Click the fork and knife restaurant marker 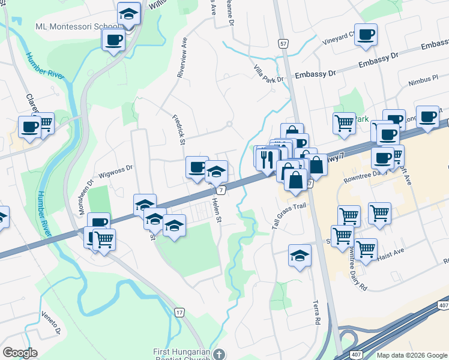[265, 159]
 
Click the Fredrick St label [178, 130]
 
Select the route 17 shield [179, 313]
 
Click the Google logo [20, 353]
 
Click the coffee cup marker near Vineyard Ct [366, 35]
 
